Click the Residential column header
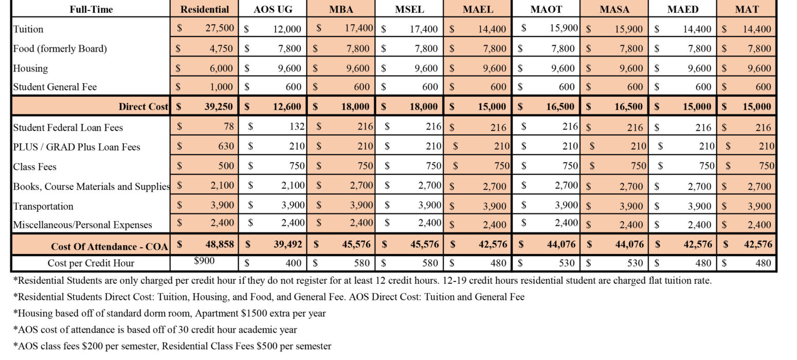coord(204,9)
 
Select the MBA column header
coord(341,9)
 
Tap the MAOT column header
coord(546,9)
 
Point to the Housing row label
coord(30,68)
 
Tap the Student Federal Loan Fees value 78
coord(228,127)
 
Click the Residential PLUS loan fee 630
coord(225,146)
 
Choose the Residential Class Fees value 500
coord(225,166)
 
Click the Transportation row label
coord(43,206)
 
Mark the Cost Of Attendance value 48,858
coord(216,244)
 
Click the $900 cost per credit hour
coord(204,261)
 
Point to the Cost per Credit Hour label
coord(91,263)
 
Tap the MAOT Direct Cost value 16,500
coord(559,107)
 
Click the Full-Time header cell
coord(91,9)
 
